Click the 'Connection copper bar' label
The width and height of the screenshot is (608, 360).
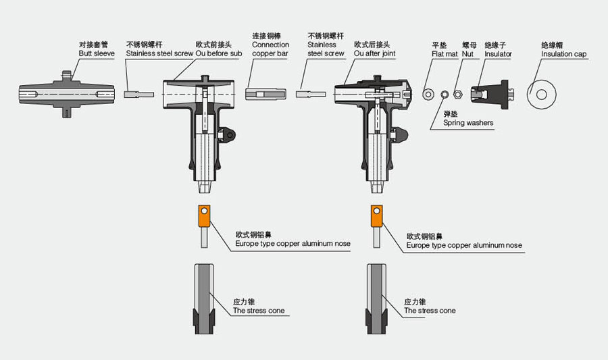270,45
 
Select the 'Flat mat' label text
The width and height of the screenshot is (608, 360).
445,53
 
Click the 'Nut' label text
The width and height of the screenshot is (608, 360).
467,53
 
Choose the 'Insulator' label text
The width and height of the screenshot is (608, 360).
498,53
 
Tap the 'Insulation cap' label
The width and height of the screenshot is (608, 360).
564,53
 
